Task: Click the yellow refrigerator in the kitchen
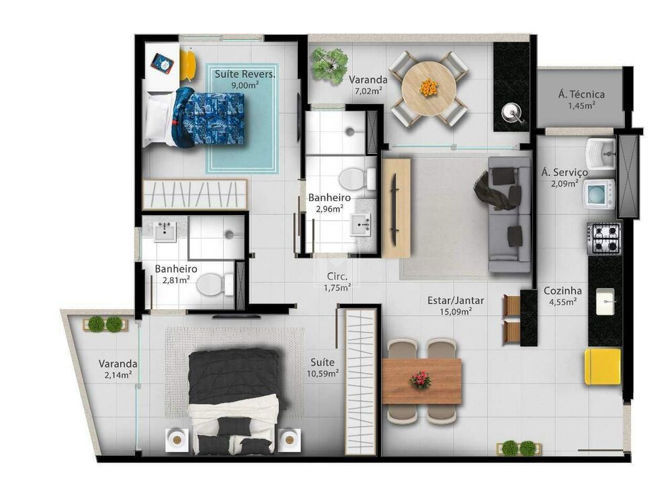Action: coord(602,366)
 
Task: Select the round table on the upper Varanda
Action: coord(428,88)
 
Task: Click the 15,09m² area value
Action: coord(456,310)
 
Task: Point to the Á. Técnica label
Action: coord(581,95)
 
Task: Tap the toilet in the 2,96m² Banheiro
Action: coord(356,179)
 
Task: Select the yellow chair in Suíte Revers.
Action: coord(187,65)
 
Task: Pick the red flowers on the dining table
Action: coord(421,380)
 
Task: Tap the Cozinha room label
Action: coord(562,291)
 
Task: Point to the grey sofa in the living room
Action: coord(509,214)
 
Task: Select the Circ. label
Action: coord(337,276)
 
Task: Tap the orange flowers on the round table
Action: coord(428,87)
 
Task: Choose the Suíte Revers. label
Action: coord(245,74)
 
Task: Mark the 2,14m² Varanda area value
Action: coord(118,375)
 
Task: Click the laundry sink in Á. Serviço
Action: coord(601,152)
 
